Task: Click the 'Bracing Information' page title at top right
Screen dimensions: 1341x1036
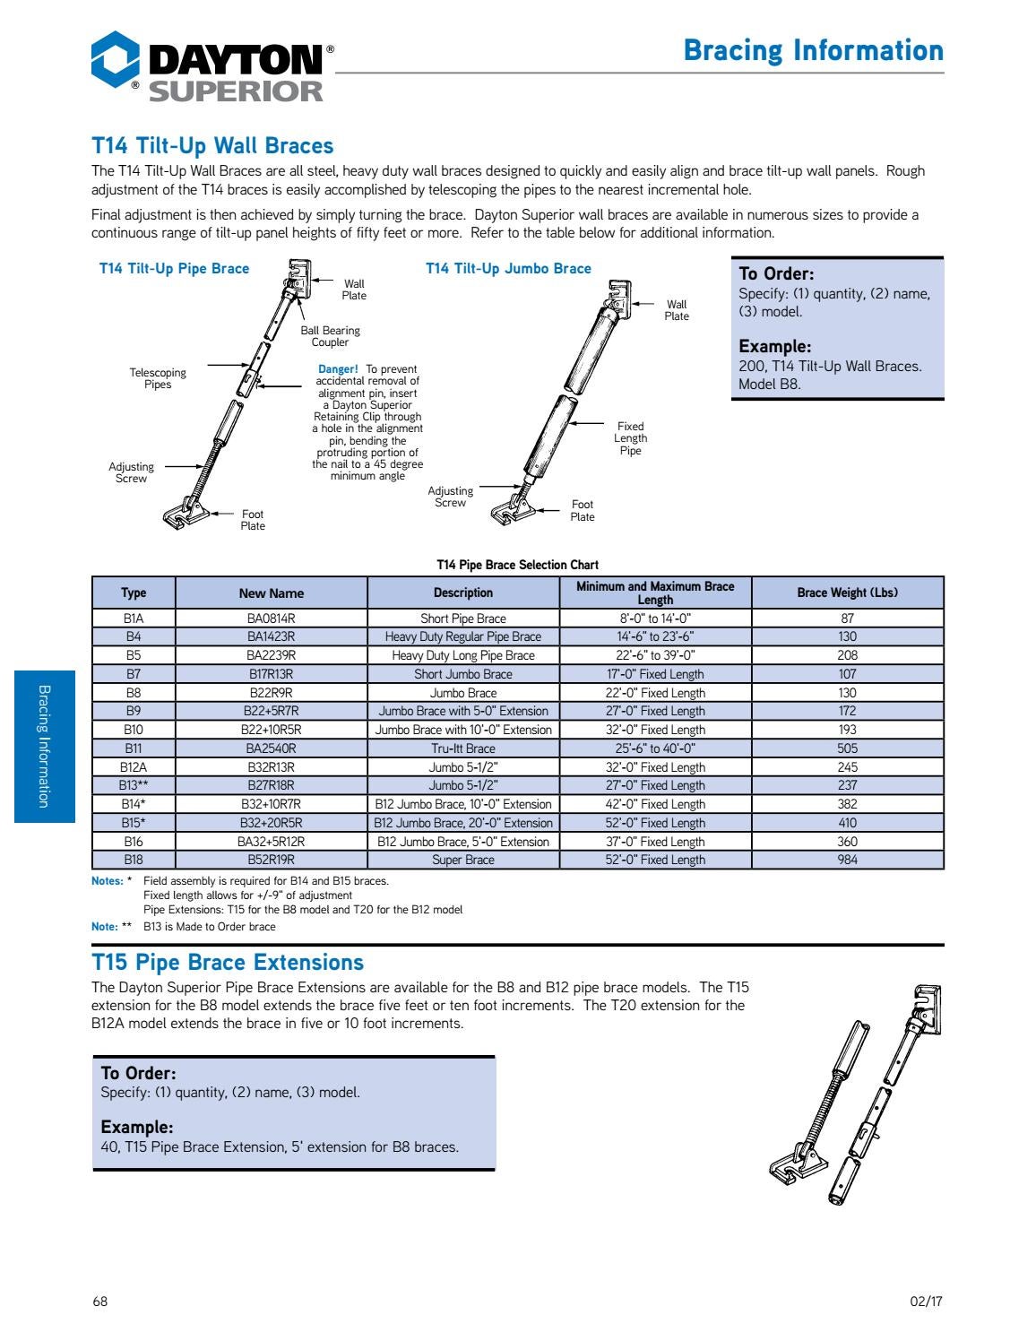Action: point(813,50)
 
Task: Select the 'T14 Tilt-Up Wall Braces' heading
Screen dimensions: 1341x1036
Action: point(212,146)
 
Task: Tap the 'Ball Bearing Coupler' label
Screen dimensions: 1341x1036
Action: point(330,336)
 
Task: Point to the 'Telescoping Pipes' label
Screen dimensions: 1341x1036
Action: point(158,378)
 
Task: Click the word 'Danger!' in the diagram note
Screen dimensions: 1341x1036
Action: point(338,369)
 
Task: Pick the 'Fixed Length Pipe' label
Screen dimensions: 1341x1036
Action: point(630,438)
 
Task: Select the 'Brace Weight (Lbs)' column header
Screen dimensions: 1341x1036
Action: point(847,593)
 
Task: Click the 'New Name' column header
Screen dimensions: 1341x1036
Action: point(271,593)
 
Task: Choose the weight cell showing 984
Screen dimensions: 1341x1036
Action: point(847,860)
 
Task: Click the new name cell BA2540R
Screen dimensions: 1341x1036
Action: point(271,748)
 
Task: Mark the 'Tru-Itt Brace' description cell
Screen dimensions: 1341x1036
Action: point(462,748)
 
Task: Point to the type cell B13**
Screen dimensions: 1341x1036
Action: point(134,785)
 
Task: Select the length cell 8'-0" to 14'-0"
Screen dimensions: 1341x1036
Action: point(655,619)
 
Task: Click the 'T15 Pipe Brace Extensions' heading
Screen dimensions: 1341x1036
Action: point(228,963)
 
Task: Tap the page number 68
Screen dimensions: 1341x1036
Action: point(99,1302)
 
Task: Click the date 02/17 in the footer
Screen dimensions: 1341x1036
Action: point(927,1302)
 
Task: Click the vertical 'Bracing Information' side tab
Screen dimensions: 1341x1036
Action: point(45,746)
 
